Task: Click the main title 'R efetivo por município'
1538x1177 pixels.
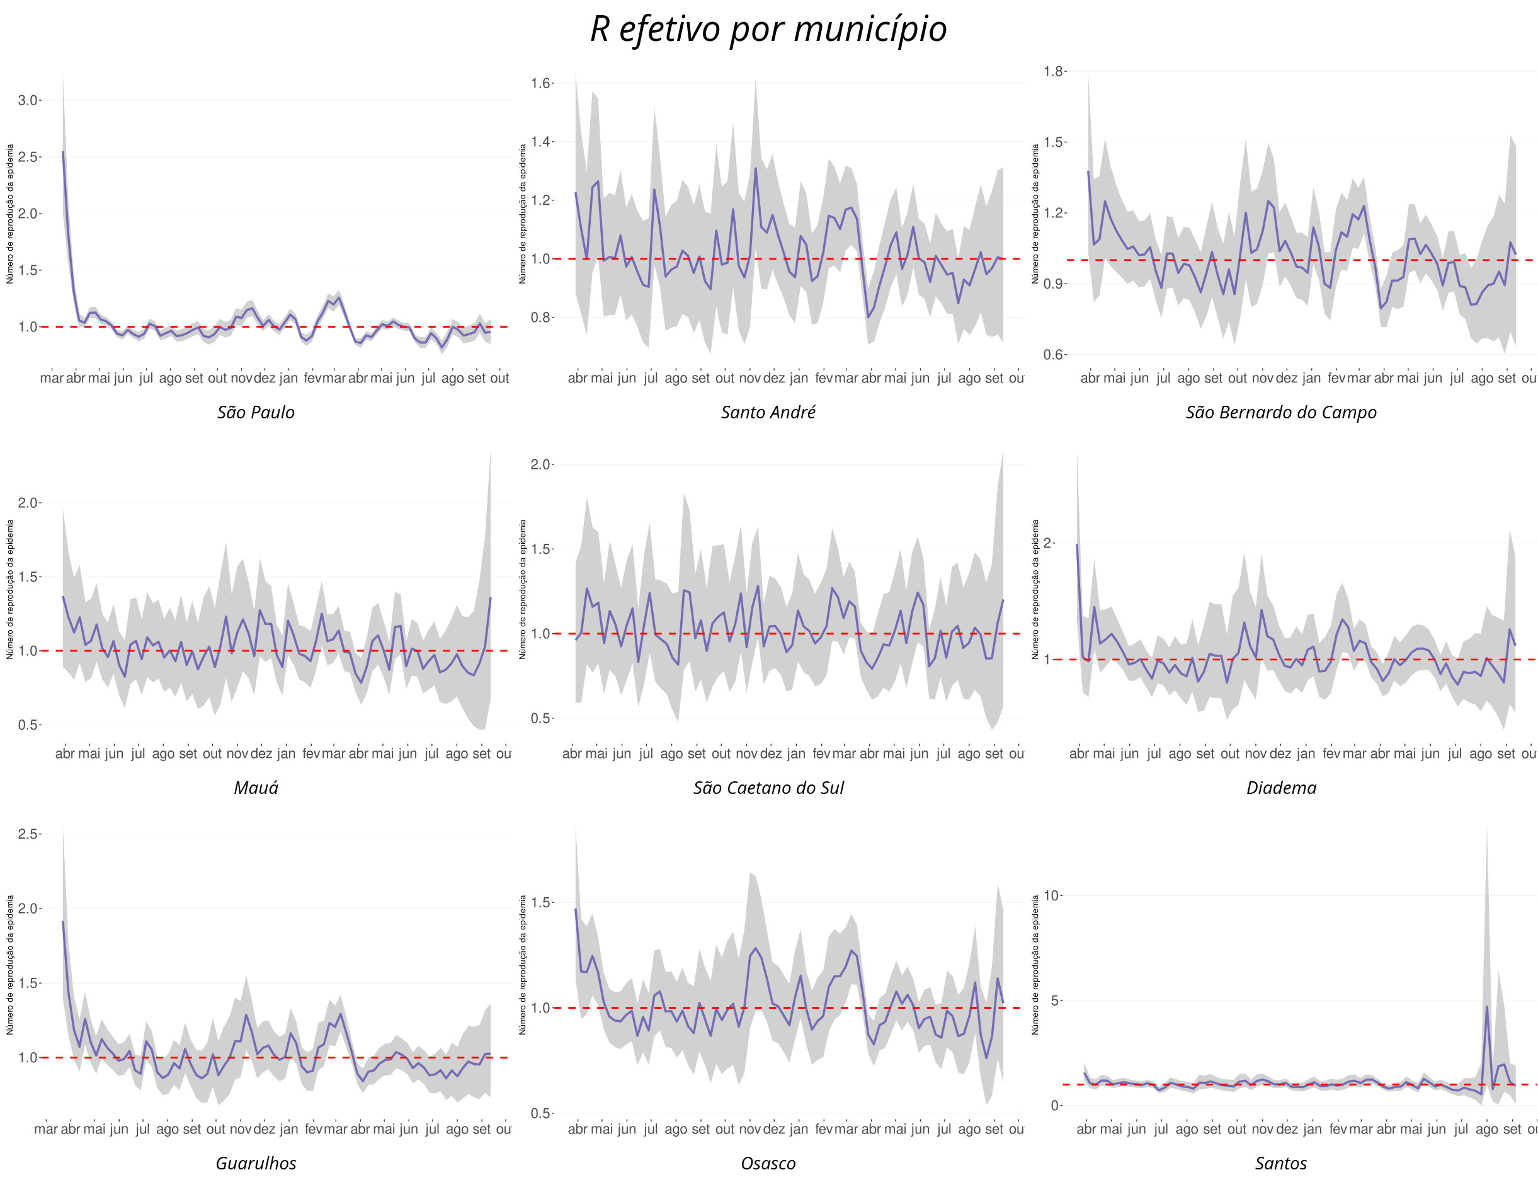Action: pyautogui.click(x=768, y=30)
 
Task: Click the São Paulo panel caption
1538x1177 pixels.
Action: pyautogui.click(x=256, y=413)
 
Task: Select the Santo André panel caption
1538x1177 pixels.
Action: pyautogui.click(x=768, y=413)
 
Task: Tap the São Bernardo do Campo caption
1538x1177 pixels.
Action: pyautogui.click(x=1281, y=413)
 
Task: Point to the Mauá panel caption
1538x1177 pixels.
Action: pyautogui.click(x=256, y=788)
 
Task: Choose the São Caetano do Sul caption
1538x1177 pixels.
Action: pyautogui.click(x=768, y=788)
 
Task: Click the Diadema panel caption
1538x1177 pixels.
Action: pyautogui.click(x=1281, y=788)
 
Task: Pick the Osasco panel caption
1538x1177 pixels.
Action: pyautogui.click(x=768, y=1164)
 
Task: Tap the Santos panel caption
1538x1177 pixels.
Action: pyautogui.click(x=1281, y=1164)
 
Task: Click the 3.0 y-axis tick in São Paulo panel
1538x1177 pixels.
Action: pyautogui.click(x=27, y=100)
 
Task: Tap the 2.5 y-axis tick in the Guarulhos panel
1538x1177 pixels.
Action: pyautogui.click(x=27, y=834)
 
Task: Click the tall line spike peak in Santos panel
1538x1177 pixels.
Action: pyautogui.click(x=1487, y=1007)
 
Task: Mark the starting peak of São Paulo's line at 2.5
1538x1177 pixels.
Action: pyautogui.click(x=63, y=152)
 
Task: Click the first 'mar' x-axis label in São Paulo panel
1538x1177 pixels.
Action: pyautogui.click(x=51, y=378)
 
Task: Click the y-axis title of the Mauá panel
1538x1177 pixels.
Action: pyautogui.click(x=10, y=589)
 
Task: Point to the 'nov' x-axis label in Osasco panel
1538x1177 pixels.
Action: pyautogui.click(x=749, y=1129)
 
